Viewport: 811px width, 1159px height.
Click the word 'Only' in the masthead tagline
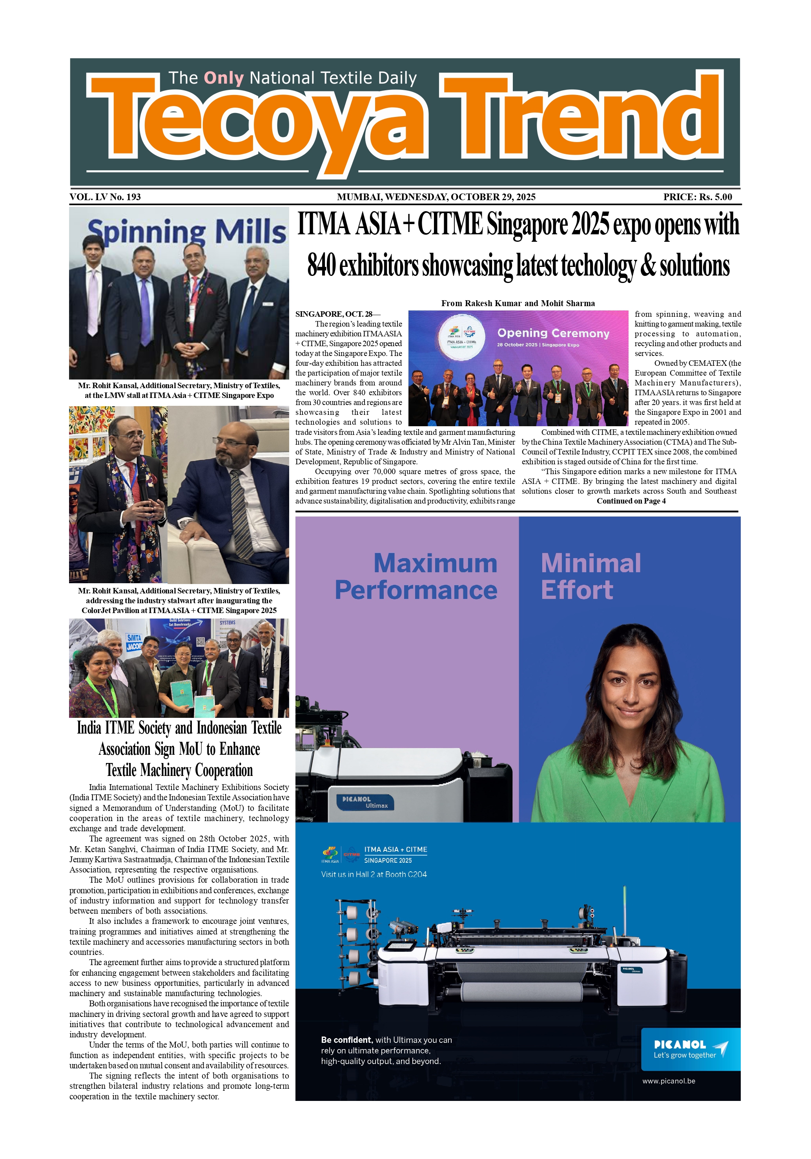[x=224, y=78]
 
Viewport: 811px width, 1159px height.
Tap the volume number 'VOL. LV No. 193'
[x=105, y=197]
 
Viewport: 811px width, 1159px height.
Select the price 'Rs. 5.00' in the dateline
[x=715, y=197]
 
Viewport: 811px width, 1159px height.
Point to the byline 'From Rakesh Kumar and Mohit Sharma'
[x=518, y=303]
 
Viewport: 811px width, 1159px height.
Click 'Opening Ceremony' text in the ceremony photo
[x=553, y=333]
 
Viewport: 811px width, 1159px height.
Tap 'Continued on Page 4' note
[x=631, y=501]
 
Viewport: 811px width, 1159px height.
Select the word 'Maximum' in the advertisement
[x=435, y=563]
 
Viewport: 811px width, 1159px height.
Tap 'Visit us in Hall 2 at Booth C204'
[x=374, y=874]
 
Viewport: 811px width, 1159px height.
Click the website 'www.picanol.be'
[x=669, y=1081]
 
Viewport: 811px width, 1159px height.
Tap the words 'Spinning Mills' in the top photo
[x=187, y=232]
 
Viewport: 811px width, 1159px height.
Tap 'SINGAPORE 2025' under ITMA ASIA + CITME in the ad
[x=388, y=860]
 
